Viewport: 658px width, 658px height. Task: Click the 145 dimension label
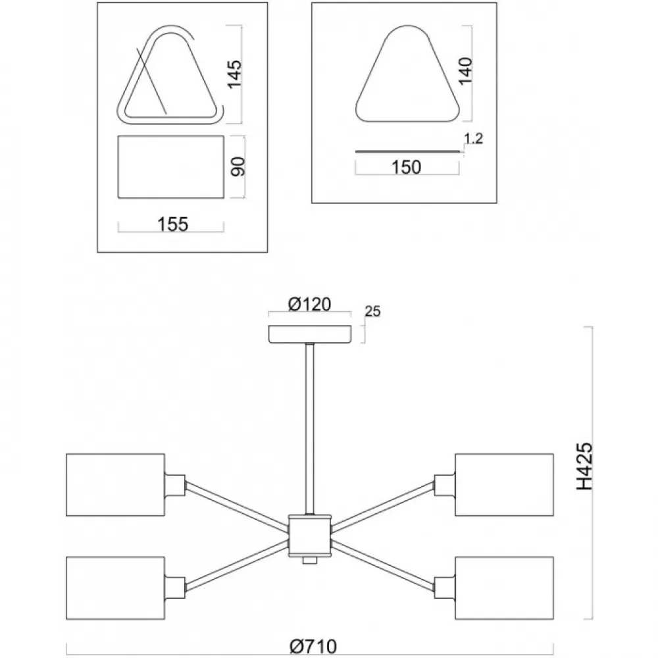click(x=235, y=74)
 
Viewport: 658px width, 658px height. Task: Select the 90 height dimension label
click(x=238, y=166)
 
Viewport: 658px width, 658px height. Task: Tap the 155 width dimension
click(x=172, y=224)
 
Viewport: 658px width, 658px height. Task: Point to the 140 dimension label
click(x=465, y=71)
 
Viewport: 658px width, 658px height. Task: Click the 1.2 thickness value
click(x=473, y=138)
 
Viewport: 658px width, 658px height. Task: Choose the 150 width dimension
click(x=406, y=167)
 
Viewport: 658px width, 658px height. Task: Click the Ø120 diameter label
click(x=309, y=304)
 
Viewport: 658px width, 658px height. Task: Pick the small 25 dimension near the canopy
click(x=372, y=311)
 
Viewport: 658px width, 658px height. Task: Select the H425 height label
click(x=584, y=467)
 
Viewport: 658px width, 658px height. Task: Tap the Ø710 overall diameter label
click(x=313, y=647)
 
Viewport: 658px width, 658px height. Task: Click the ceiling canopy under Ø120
click(x=310, y=334)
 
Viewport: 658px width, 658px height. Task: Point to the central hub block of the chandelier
click(x=310, y=535)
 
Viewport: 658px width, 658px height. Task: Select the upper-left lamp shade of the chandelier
click(x=115, y=485)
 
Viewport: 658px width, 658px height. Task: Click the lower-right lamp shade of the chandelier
click(x=505, y=588)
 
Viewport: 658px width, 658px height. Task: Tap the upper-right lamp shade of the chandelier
click(x=505, y=485)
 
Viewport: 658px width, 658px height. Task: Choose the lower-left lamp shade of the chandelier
click(x=115, y=588)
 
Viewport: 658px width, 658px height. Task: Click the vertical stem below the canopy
click(x=310, y=428)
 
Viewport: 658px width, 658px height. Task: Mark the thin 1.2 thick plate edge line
click(x=407, y=151)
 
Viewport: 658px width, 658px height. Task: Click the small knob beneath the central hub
click(x=310, y=560)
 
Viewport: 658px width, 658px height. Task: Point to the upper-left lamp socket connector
click(x=175, y=485)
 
